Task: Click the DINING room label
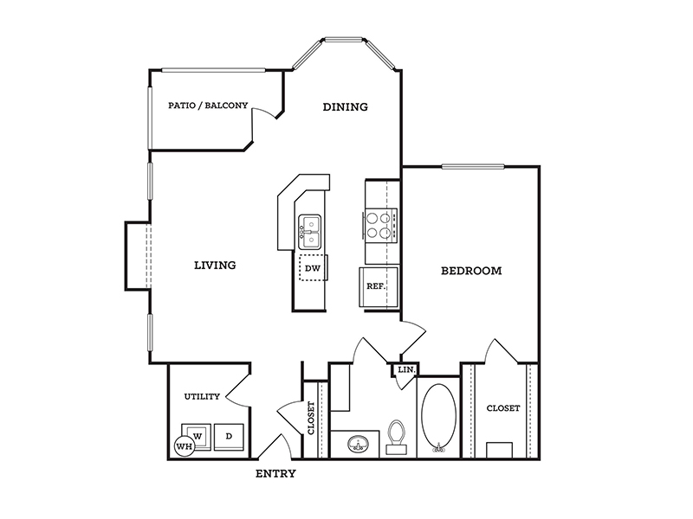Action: coord(345,106)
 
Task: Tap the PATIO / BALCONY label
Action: coord(208,106)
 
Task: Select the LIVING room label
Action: coord(215,266)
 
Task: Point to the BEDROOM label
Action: coord(471,271)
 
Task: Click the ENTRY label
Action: coord(275,474)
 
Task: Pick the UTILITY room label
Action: coord(202,397)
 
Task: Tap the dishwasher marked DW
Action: coord(313,268)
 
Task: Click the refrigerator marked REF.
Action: coord(379,287)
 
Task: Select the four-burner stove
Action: coord(380,225)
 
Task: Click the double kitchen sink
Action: coord(310,232)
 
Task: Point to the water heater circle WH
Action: coord(185,446)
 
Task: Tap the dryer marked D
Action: coord(229,437)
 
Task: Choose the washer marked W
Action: coord(198,437)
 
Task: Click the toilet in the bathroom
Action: coord(397,437)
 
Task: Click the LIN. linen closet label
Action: coord(406,370)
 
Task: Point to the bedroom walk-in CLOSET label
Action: coord(503,408)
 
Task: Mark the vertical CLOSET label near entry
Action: coord(311,418)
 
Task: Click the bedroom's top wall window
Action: coord(473,166)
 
